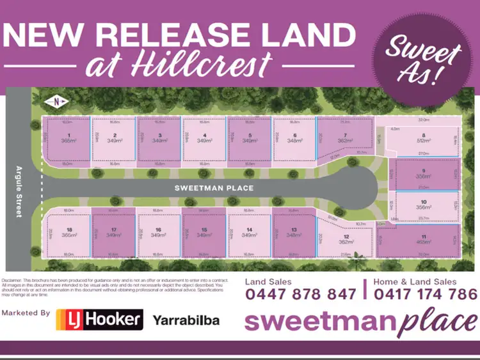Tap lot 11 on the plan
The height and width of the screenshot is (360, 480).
point(423,240)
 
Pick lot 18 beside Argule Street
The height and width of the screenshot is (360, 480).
point(68,233)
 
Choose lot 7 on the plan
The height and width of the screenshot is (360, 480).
point(345,137)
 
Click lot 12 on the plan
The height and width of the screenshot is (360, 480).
point(346,240)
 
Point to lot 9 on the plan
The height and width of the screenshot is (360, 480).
point(423,174)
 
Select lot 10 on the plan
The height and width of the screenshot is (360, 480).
point(423,205)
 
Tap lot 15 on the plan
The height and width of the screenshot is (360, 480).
point(204,233)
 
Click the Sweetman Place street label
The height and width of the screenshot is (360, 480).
point(214,189)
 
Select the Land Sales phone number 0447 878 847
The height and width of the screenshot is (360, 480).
point(301,294)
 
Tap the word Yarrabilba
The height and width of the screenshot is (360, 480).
point(186,320)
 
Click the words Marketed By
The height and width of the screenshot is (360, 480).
point(26,313)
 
